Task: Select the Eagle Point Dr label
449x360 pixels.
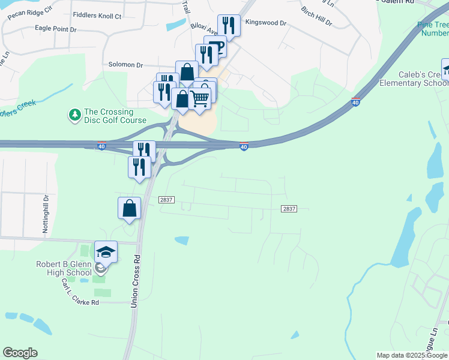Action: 56,28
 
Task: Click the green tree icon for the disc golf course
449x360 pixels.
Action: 74,114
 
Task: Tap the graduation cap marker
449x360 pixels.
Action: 106,253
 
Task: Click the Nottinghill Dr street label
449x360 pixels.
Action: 45,214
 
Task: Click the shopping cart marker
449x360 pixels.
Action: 200,98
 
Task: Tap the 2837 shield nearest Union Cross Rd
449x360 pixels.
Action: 166,199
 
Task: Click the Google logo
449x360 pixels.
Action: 20,352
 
